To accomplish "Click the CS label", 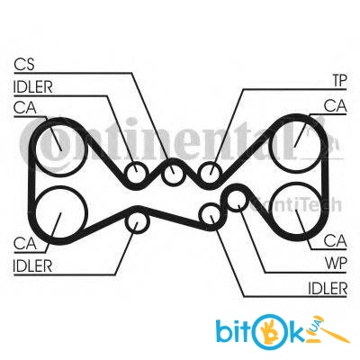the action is pos(24,64).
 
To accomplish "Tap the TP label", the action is pos(339,81).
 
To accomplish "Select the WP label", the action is pos(336,264).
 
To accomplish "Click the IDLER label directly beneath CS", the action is pos(32,87).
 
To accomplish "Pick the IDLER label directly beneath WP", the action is pos(328,288).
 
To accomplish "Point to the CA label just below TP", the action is pos(336,106).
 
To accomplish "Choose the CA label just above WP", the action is pos(336,240).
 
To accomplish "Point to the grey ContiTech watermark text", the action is pos(295,205).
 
